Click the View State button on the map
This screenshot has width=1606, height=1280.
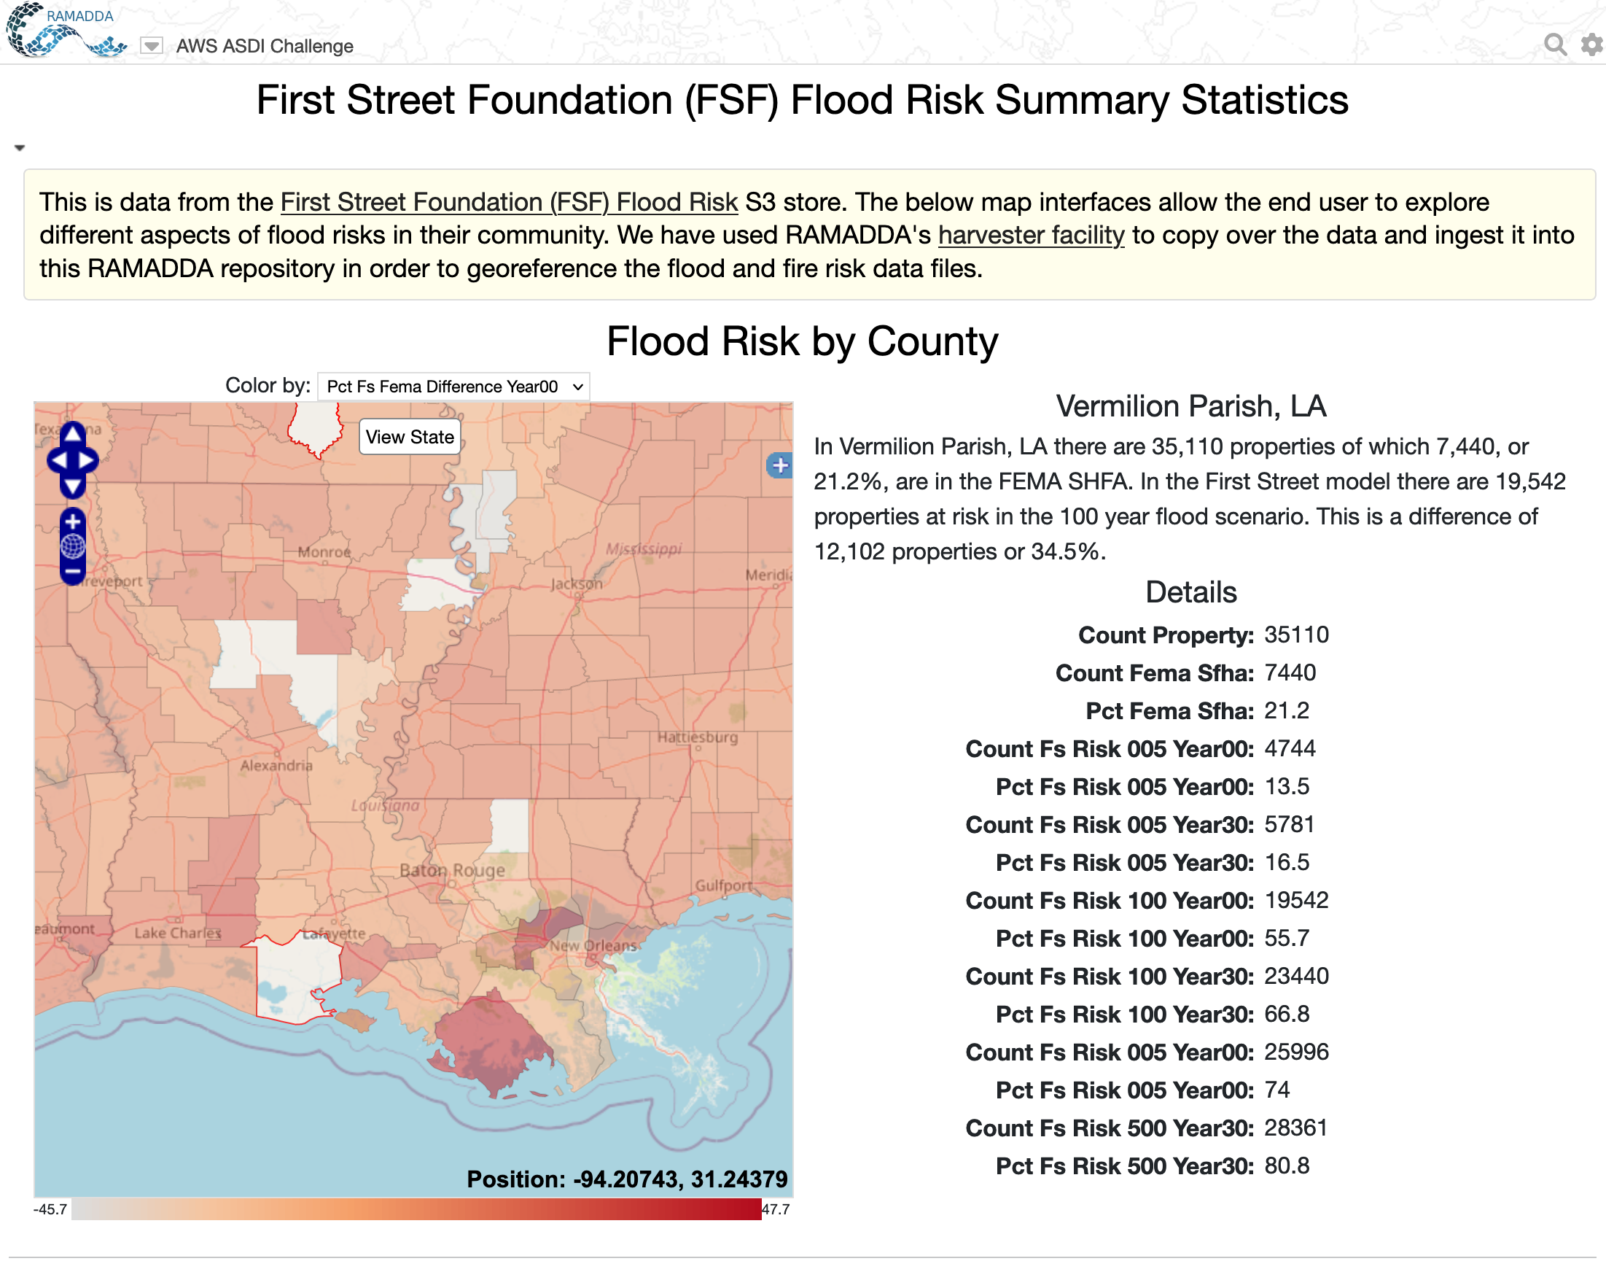(x=410, y=437)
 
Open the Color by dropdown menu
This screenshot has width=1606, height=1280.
(x=453, y=387)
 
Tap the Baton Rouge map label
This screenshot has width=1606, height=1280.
(x=452, y=869)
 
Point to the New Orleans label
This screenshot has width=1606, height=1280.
(x=593, y=945)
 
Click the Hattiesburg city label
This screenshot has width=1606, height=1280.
(x=697, y=737)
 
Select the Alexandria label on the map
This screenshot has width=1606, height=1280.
(x=276, y=765)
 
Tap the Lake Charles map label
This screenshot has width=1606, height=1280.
(x=177, y=933)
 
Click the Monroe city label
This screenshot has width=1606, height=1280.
(x=324, y=552)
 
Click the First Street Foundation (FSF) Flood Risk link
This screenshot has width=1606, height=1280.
(x=509, y=202)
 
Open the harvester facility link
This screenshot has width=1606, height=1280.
(x=1031, y=235)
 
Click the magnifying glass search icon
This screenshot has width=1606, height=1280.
(x=1554, y=44)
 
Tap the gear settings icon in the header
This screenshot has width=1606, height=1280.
(x=1592, y=44)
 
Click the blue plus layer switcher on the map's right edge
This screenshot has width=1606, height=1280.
(x=779, y=465)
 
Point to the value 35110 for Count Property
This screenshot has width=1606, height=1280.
(x=1296, y=635)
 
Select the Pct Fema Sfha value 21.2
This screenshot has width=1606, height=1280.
(x=1287, y=711)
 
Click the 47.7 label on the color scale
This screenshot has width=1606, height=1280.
(x=776, y=1209)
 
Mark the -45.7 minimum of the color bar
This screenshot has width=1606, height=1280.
(x=50, y=1209)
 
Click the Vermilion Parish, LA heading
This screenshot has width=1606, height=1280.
(x=1190, y=406)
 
